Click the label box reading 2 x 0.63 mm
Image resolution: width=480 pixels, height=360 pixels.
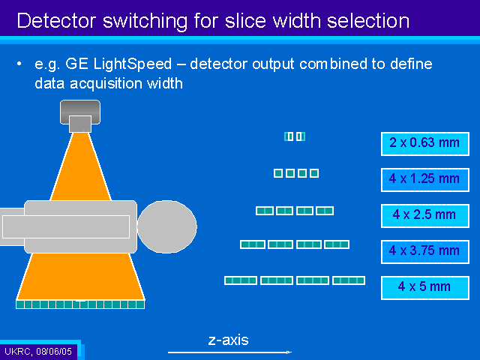tap(425, 144)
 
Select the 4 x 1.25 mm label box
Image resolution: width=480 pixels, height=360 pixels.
tap(425, 180)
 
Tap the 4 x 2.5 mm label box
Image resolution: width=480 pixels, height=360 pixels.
tap(425, 216)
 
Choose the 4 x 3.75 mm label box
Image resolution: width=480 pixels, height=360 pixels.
tap(425, 252)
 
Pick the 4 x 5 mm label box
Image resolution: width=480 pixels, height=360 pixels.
tap(425, 288)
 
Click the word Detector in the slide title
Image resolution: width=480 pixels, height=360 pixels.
tap(57, 21)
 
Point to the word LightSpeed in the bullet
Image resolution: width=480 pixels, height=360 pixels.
tap(132, 64)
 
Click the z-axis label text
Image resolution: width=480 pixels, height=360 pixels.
tap(228, 340)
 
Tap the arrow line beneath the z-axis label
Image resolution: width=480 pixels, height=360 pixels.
tap(229, 352)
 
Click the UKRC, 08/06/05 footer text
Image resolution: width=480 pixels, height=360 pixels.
tap(38, 351)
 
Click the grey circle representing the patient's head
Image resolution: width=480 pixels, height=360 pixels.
tap(166, 226)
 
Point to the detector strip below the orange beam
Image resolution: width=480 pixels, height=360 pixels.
tap(80, 304)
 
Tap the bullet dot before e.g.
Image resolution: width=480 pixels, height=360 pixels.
tap(19, 64)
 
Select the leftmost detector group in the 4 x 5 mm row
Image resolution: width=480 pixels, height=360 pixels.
tap(241, 280)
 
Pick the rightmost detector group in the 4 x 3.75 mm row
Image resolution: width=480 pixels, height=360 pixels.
tap(337, 244)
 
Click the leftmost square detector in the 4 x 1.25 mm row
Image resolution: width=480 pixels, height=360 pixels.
tap(278, 173)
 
